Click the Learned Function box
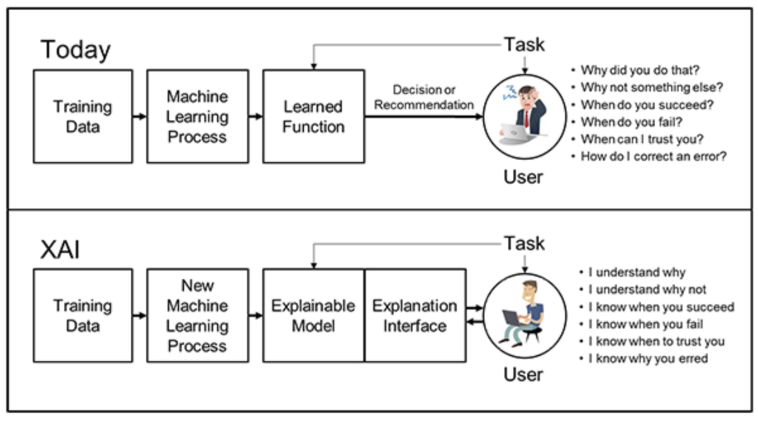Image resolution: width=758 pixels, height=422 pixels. click(x=314, y=117)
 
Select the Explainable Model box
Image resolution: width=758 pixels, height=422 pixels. click(x=314, y=315)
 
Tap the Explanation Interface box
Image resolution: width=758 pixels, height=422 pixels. click(x=415, y=315)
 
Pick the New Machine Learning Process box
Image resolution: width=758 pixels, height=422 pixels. click(x=198, y=315)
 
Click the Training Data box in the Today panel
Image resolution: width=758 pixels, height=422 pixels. click(x=83, y=117)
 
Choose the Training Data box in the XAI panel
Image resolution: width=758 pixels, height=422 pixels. click(x=83, y=315)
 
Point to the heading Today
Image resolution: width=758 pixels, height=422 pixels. click(x=75, y=50)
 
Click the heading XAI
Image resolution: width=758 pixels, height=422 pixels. click(x=60, y=250)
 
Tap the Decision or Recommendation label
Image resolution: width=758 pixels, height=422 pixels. click(x=424, y=97)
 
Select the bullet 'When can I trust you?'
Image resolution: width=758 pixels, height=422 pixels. click(x=642, y=139)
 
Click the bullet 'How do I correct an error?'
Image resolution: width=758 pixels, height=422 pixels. click(x=653, y=156)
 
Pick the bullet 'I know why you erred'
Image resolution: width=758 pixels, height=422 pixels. click(x=648, y=358)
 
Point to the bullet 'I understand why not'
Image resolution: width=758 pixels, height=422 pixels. click(x=647, y=290)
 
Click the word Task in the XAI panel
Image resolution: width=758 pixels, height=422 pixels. click(x=524, y=243)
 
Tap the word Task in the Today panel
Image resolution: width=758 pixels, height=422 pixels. click(x=524, y=45)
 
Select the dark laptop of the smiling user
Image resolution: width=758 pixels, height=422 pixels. click(x=512, y=317)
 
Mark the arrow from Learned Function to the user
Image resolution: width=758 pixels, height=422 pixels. click(x=424, y=117)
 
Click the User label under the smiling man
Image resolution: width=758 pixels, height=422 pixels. click(x=523, y=375)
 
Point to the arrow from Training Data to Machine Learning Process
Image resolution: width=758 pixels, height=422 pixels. click(x=140, y=117)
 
